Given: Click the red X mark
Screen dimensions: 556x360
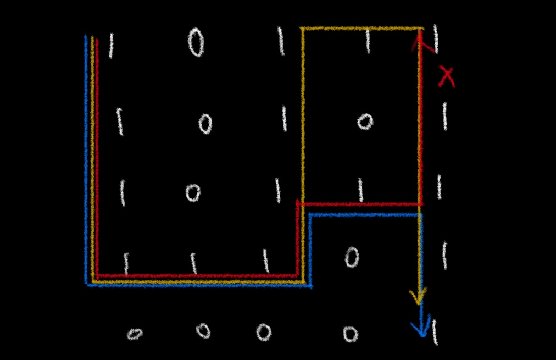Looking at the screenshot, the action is coord(446,77).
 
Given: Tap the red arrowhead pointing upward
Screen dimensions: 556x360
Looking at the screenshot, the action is coord(420,40).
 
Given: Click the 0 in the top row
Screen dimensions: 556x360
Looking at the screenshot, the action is coord(196,43).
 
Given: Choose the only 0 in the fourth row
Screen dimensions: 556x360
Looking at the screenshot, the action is coord(352,256).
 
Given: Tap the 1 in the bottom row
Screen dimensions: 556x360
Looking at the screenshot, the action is coord(435,331).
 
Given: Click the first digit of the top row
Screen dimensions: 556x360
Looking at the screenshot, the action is coord(111,46).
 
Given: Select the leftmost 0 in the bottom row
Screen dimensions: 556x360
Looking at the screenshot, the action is coord(135,334).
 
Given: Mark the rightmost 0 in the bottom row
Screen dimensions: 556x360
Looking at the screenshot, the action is coord(350,334).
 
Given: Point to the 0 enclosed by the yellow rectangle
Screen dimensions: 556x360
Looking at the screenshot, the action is coord(365,121).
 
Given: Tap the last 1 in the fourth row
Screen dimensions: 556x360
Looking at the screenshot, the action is coord(444,256).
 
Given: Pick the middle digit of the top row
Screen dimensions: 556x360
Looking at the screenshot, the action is coord(281,42).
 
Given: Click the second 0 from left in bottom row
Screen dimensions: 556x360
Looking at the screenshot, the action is coord(203,330).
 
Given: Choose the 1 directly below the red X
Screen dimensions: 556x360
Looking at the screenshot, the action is coord(444,117).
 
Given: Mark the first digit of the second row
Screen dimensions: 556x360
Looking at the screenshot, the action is coord(120,122).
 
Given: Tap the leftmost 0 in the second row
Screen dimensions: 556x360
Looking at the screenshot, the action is coord(205,124).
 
